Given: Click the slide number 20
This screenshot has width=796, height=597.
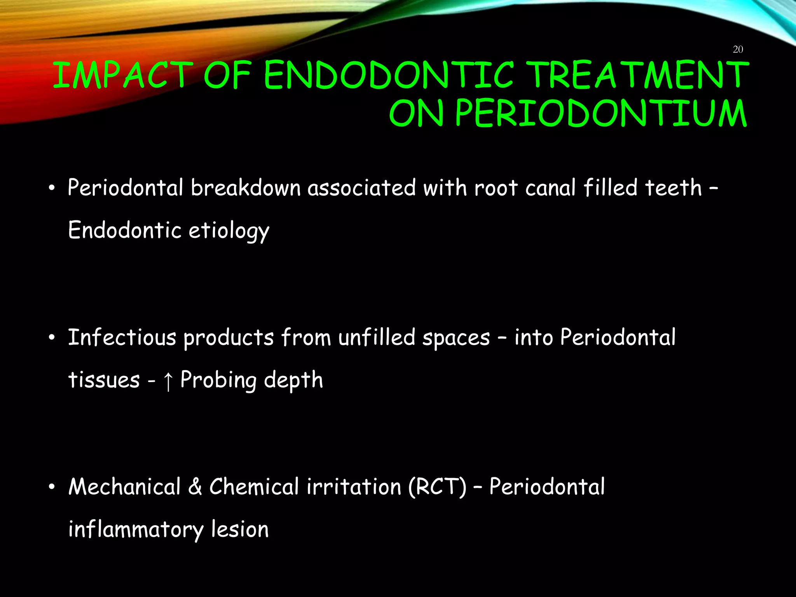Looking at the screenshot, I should [x=738, y=49].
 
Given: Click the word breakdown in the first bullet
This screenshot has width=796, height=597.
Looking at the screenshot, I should [x=246, y=188].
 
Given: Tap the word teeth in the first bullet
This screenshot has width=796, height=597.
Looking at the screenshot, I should [x=673, y=188].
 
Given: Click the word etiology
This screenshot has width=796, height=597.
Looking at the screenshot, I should [x=229, y=231].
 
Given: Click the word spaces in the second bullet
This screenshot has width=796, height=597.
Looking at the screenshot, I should [x=456, y=338].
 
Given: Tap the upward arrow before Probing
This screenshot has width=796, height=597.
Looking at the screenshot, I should [x=168, y=381].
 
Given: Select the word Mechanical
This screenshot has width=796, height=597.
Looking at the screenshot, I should [x=124, y=487].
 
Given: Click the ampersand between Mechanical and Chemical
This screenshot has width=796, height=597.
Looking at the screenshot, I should [x=195, y=487].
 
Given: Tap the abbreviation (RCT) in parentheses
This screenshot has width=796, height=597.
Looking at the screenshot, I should [x=437, y=487].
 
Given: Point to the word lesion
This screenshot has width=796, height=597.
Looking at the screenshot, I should [x=239, y=529].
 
